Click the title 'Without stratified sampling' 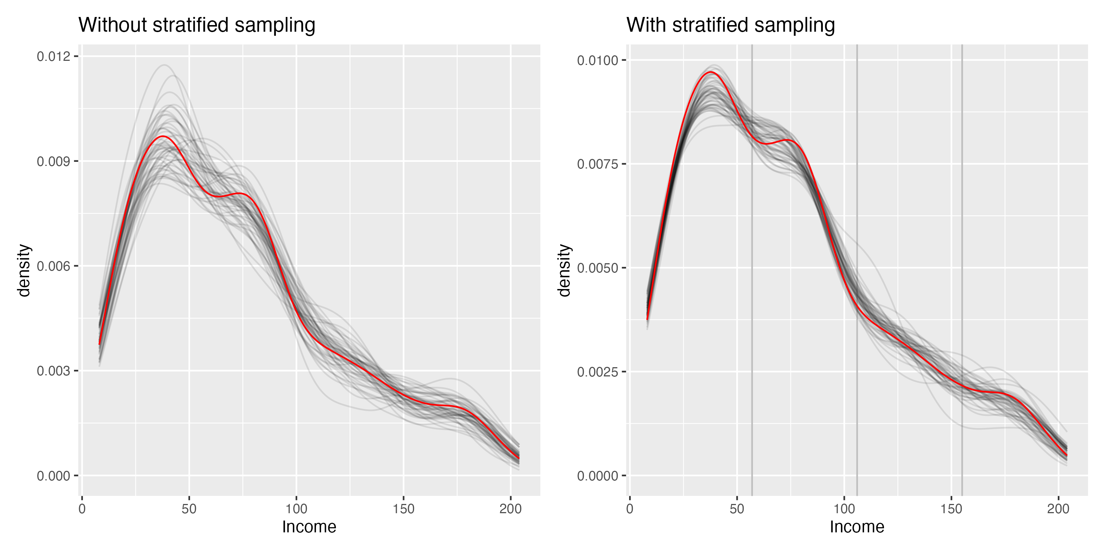(196, 25)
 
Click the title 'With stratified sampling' (730, 25)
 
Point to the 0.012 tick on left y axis (53, 56)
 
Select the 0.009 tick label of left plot (53, 161)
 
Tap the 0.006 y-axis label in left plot (53, 266)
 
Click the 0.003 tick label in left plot (53, 371)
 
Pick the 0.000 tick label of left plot (53, 476)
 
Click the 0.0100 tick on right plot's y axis (597, 60)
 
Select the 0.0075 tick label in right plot (597, 164)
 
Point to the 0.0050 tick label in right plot (597, 268)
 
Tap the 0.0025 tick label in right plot (597, 372)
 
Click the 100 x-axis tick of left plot (296, 509)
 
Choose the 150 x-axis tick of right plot (951, 509)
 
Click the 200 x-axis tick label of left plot (510, 509)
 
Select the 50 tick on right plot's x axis (737, 509)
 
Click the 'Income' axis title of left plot (309, 527)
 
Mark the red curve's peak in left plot (163, 136)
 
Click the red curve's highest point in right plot (711, 72)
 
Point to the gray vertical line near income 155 (962, 258)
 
